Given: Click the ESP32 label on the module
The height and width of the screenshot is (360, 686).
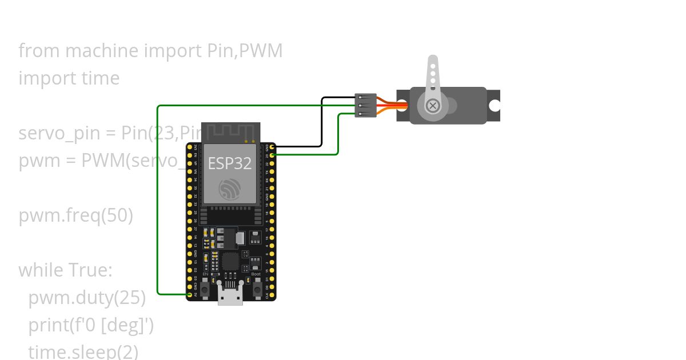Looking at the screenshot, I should (x=230, y=163).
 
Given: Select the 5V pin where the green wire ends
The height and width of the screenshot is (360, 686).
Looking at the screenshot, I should (x=190, y=295).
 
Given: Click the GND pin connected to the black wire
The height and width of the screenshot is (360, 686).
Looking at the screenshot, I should (x=272, y=147).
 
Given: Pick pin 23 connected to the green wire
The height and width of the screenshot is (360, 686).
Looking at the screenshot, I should (x=272, y=154).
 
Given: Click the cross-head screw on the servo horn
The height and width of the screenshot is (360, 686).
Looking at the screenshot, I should (x=433, y=105).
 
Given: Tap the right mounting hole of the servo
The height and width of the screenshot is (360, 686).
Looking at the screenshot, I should (x=494, y=106).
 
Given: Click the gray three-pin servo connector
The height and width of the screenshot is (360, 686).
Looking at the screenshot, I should (x=365, y=106).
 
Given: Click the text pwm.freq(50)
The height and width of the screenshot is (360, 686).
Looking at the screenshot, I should (x=75, y=216).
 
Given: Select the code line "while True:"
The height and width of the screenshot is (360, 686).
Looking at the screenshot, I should (x=65, y=270).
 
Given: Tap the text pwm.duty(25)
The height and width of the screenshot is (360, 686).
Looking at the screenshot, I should (x=87, y=298).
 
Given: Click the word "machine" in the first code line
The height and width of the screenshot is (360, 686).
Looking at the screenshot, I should (x=102, y=51).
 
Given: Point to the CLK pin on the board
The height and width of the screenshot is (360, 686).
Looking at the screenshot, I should (x=272, y=295).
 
